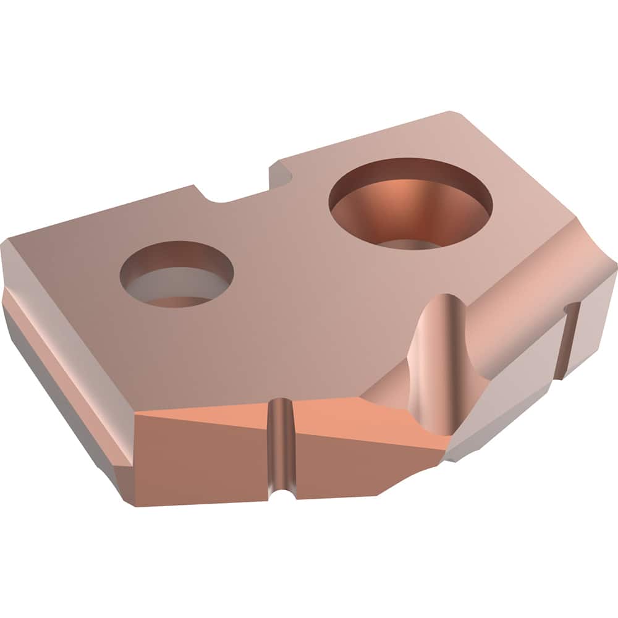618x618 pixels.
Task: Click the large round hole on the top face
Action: (411, 204)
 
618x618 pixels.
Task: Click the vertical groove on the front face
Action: (281, 445)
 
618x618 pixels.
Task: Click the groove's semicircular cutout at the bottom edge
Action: (282, 491)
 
